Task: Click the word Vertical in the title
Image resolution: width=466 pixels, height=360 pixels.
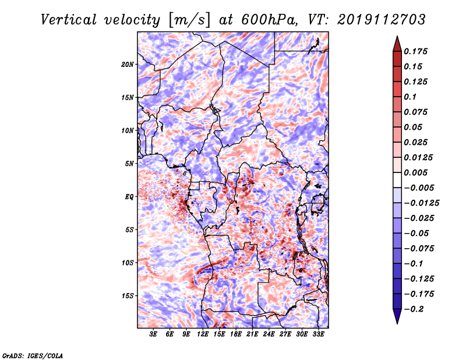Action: coord(69,20)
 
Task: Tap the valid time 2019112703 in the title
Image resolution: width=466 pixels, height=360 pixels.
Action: coord(382,20)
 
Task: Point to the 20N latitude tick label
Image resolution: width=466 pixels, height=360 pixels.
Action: coord(128,65)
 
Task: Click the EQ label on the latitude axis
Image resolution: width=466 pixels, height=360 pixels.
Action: coord(129,197)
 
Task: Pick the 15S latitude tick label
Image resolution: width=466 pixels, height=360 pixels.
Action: coord(128,296)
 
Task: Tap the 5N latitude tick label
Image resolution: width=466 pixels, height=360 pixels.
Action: coord(129,164)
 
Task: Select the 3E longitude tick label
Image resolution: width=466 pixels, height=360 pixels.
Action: coord(153,334)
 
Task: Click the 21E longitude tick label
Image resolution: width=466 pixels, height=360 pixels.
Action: coord(252,334)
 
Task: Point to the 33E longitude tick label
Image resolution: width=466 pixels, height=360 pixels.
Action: coord(318,334)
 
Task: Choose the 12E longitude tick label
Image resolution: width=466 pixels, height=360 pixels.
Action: coord(203,334)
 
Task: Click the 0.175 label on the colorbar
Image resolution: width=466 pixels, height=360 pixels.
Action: coord(415,51)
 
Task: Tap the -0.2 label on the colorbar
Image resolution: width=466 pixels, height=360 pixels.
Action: coord(414,309)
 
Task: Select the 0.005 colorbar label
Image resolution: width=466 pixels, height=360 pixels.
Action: coord(415,172)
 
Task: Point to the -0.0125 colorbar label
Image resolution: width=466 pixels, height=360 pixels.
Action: coord(421,203)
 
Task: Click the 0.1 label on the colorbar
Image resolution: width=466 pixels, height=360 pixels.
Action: coord(410,97)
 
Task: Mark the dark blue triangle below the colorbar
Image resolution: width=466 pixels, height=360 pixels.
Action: coord(397,316)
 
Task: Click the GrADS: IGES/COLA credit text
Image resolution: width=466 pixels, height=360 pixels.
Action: coord(33,355)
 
